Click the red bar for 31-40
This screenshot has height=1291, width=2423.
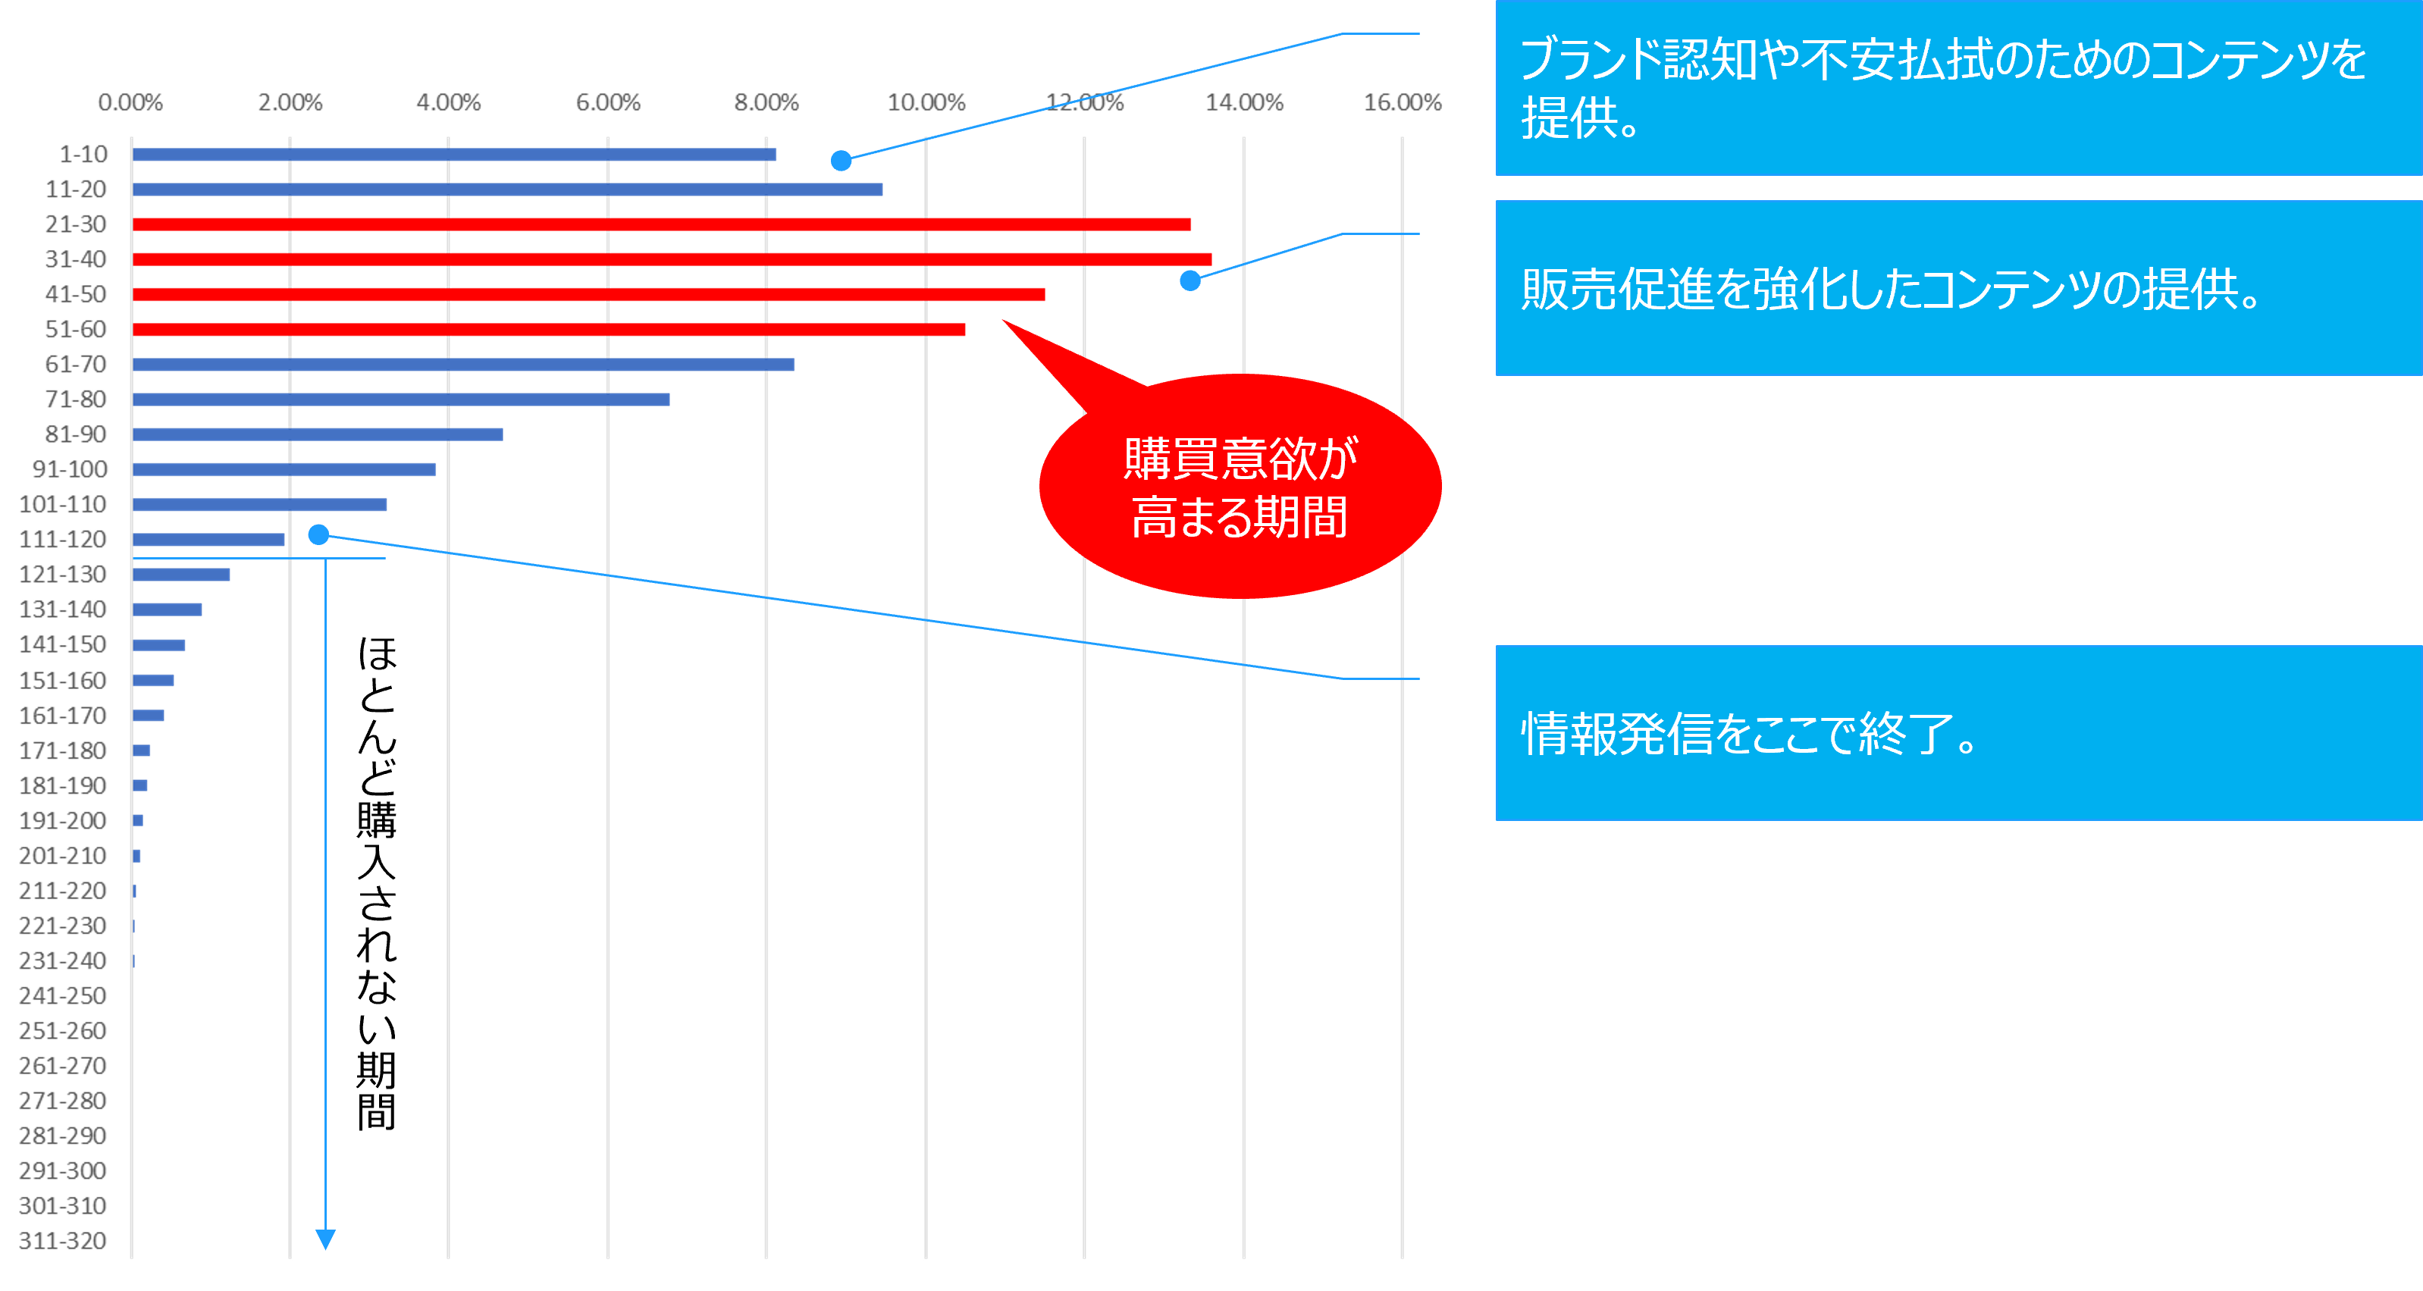[672, 259]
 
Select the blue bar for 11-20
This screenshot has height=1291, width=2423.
[507, 189]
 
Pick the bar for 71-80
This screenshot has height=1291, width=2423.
[401, 400]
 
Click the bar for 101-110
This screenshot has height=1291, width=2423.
[259, 505]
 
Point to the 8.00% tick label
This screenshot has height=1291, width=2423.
[766, 102]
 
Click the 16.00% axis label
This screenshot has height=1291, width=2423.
[1402, 102]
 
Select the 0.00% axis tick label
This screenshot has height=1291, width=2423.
[130, 102]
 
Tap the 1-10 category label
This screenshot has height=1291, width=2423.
[83, 154]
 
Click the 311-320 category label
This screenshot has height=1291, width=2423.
[62, 1241]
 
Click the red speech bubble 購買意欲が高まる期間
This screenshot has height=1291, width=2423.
[1240, 487]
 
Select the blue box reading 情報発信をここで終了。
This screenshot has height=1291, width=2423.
[1958, 733]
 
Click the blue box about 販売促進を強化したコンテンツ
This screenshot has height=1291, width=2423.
[1958, 288]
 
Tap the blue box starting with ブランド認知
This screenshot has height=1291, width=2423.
[1958, 89]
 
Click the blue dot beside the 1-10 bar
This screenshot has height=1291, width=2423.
[841, 161]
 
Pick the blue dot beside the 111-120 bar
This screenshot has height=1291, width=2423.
[319, 535]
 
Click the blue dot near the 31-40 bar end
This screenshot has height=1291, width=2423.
[1190, 280]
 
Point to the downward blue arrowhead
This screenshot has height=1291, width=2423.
[325, 1239]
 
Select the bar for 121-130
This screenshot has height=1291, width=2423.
[181, 575]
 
